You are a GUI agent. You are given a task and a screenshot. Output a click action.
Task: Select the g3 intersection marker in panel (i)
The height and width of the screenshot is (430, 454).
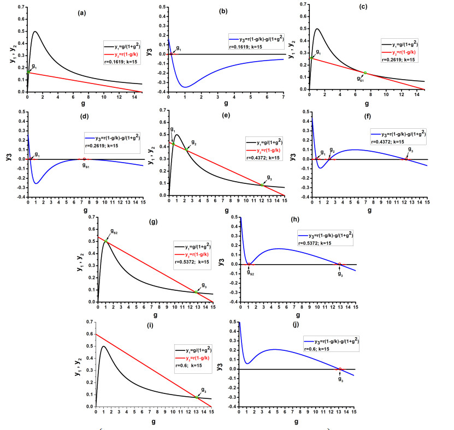196,397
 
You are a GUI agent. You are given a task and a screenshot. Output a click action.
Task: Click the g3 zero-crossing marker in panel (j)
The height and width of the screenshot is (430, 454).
340,369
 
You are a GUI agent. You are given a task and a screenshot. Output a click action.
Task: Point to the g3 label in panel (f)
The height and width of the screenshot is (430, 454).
411,150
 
